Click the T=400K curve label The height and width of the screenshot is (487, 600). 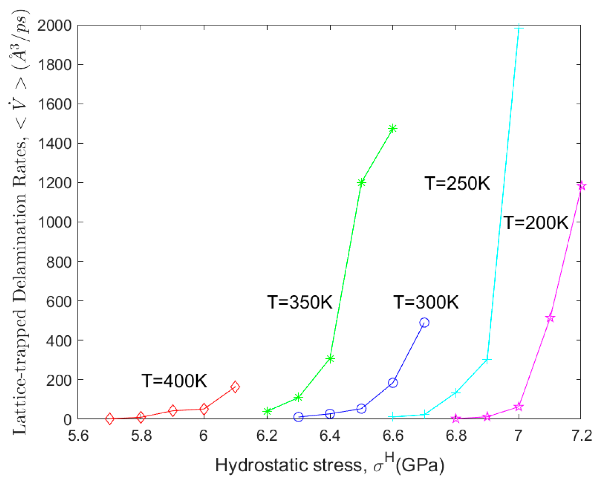pyautogui.click(x=174, y=381)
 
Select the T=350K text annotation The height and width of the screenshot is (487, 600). pyautogui.click(x=300, y=302)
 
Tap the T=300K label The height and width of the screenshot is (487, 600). pyautogui.click(x=426, y=302)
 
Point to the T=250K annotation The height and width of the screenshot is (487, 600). pyautogui.click(x=457, y=183)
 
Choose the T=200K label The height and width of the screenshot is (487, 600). pyautogui.click(x=536, y=223)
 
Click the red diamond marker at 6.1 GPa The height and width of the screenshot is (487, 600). pyautogui.click(x=235, y=387)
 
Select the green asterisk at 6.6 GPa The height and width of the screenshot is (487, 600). pyautogui.click(x=393, y=129)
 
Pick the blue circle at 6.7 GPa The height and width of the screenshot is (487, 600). pyautogui.click(x=424, y=322)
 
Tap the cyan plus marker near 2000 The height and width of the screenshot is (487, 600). pyautogui.click(x=519, y=28)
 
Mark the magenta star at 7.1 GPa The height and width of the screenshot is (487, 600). pyautogui.click(x=550, y=318)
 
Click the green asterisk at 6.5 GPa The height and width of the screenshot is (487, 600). pyautogui.click(x=361, y=183)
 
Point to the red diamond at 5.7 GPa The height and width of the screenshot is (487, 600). pyautogui.click(x=110, y=419)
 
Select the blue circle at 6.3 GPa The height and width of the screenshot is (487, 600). pyautogui.click(x=298, y=417)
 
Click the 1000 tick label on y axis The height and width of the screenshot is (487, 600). pyautogui.click(x=54, y=222)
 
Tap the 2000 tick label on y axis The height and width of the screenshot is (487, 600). pyautogui.click(x=54, y=25)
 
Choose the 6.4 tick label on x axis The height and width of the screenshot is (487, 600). pyautogui.click(x=330, y=435)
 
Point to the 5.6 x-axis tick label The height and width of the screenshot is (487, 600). pyautogui.click(x=78, y=435)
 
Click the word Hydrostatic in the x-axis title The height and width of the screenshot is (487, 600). pyautogui.click(x=257, y=465)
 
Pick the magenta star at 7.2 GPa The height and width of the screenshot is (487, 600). pyautogui.click(x=581, y=186)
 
